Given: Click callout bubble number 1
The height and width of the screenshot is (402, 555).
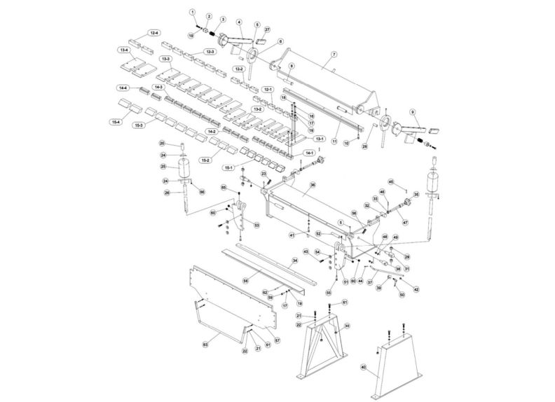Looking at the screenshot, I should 192,13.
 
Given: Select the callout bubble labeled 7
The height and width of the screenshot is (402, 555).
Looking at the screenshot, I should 334,54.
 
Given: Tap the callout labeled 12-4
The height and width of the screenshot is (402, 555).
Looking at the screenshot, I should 153,33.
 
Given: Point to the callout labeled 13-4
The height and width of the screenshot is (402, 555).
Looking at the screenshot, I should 125,50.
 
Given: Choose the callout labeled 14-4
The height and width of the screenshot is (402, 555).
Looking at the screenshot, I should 123,88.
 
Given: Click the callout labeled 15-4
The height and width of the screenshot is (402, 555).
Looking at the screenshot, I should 116,122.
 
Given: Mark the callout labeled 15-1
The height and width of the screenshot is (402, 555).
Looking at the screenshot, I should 229,168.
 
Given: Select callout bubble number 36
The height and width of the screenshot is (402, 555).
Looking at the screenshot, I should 313,185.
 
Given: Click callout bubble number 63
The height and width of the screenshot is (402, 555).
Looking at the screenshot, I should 205,345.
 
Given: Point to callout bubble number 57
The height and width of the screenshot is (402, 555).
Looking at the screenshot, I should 277,340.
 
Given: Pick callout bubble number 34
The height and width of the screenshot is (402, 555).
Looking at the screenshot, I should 295,260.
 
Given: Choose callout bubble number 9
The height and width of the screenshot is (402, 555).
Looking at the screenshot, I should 413,112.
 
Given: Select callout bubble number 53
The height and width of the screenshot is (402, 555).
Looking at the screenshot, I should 256,225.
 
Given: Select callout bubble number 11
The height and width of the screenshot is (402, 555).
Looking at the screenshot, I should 335,141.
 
